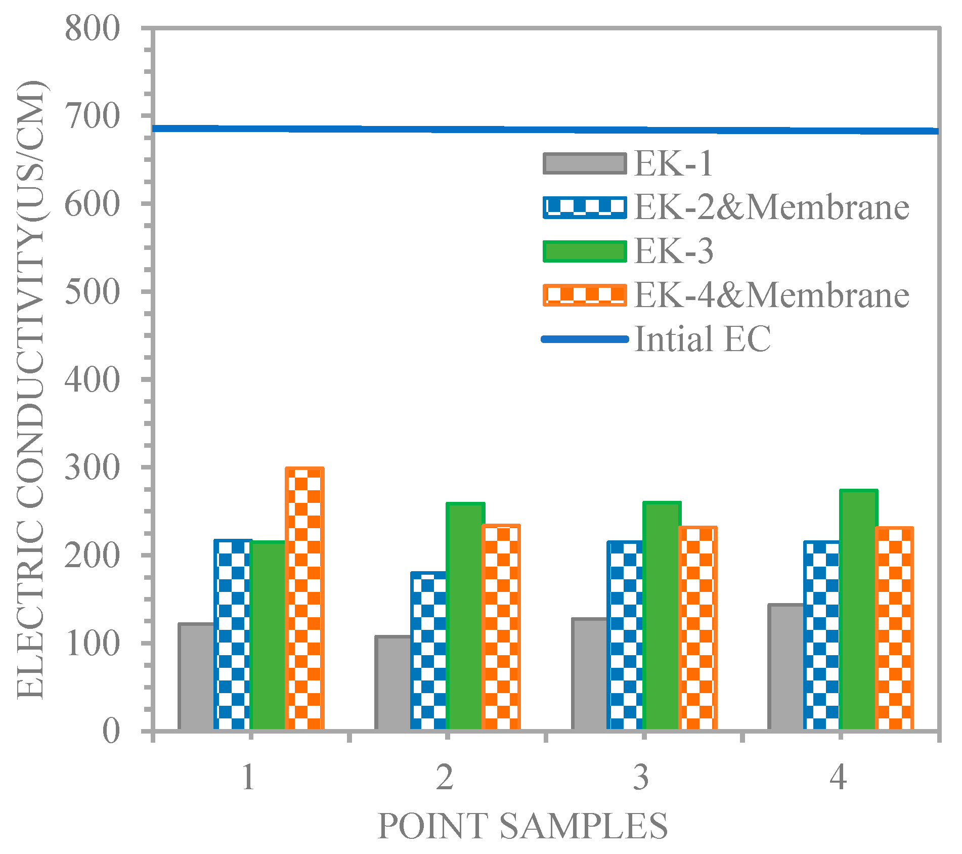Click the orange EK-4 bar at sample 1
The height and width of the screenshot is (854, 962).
[x=304, y=600]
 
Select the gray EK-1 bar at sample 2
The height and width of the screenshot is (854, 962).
[x=393, y=683]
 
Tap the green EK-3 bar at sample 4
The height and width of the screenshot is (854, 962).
[x=858, y=610]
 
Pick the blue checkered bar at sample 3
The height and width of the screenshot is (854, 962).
[x=625, y=636]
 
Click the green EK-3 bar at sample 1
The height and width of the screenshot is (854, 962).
[x=268, y=636]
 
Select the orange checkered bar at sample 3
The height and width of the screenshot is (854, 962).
[x=698, y=628]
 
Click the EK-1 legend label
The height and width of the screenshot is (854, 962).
[x=673, y=163]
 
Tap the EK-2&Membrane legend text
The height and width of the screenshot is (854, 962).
[x=771, y=207]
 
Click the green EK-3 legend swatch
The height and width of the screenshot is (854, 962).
[x=585, y=251]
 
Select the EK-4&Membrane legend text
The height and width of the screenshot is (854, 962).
[x=771, y=295]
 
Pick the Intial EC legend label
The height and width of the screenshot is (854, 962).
[x=702, y=339]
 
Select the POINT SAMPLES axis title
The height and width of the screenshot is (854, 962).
[x=522, y=826]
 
